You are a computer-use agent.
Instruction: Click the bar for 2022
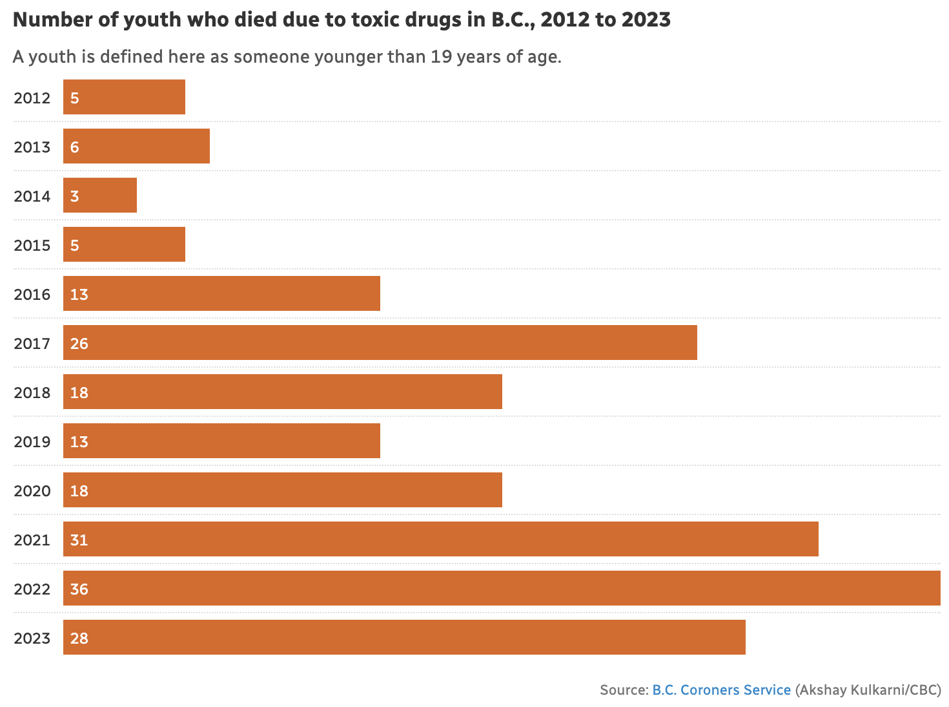502,588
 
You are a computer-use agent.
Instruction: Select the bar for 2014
100,195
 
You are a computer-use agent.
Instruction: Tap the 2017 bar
380,343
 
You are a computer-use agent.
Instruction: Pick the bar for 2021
441,539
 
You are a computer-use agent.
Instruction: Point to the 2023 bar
404,637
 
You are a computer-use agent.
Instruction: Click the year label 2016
32,295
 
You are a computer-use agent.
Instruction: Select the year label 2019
32,442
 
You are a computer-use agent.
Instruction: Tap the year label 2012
32,98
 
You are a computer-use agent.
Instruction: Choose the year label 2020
32,491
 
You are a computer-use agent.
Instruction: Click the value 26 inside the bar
79,343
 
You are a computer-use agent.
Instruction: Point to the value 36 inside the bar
79,589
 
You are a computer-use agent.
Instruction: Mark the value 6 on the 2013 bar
75,147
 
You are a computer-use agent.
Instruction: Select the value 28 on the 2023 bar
79,638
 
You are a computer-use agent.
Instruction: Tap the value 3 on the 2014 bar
75,196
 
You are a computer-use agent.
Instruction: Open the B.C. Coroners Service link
721,690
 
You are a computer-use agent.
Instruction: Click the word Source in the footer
622,690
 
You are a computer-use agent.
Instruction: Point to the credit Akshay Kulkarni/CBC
868,690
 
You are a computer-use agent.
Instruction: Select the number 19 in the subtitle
441,57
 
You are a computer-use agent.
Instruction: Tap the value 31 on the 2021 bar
79,540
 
